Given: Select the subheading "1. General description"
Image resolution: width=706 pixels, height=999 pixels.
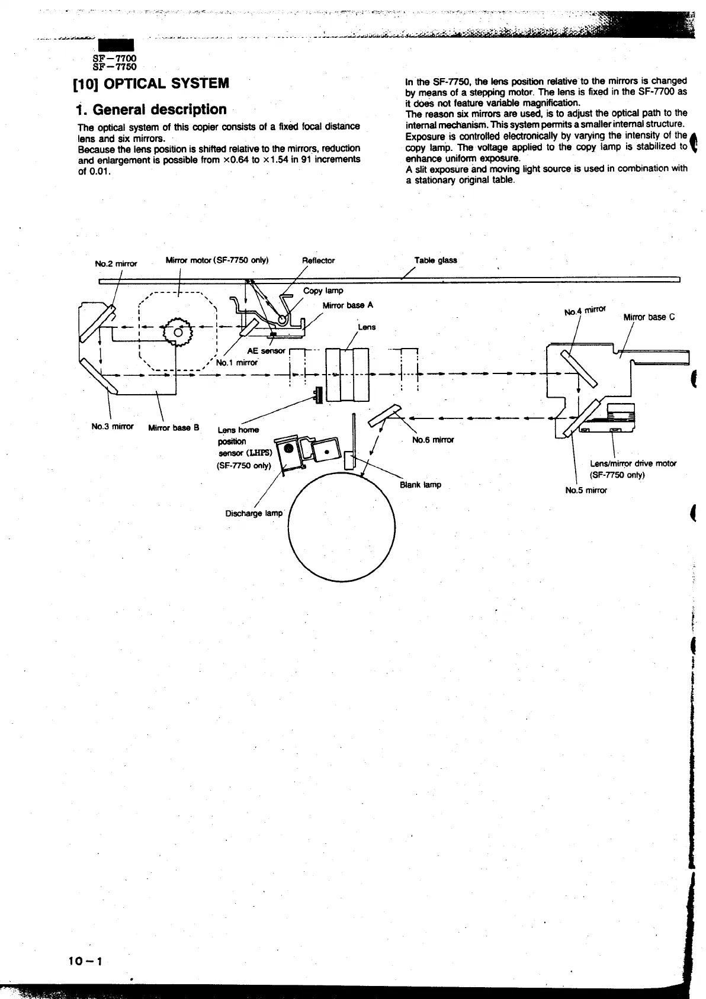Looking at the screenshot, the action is tap(152, 109).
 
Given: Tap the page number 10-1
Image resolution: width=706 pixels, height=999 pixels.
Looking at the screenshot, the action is tap(85, 961).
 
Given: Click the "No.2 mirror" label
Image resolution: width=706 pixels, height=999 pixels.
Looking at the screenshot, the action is tap(116, 263).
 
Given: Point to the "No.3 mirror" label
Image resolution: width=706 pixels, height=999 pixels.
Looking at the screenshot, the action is tap(113, 426).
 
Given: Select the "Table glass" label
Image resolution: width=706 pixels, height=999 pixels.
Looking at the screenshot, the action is tap(435, 260).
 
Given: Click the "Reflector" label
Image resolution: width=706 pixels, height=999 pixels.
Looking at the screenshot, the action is tap(318, 260).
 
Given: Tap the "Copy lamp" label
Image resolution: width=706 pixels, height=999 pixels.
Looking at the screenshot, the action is tap(323, 291).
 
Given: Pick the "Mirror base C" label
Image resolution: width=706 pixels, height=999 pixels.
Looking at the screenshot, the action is tap(649, 317).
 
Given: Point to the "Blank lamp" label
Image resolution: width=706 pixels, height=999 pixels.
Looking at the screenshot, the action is tap(420, 485).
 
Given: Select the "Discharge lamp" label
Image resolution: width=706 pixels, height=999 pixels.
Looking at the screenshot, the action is tap(254, 513).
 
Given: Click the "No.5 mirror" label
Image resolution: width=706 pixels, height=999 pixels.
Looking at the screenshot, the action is tap(586, 490).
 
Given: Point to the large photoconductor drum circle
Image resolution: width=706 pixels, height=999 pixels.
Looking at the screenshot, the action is tap(342, 526).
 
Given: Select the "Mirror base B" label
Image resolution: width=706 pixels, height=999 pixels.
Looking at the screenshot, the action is tap(174, 427).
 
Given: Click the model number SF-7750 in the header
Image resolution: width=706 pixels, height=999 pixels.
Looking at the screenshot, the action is tap(115, 66).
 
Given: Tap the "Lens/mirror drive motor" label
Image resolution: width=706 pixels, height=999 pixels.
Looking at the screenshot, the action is tap(633, 463).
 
